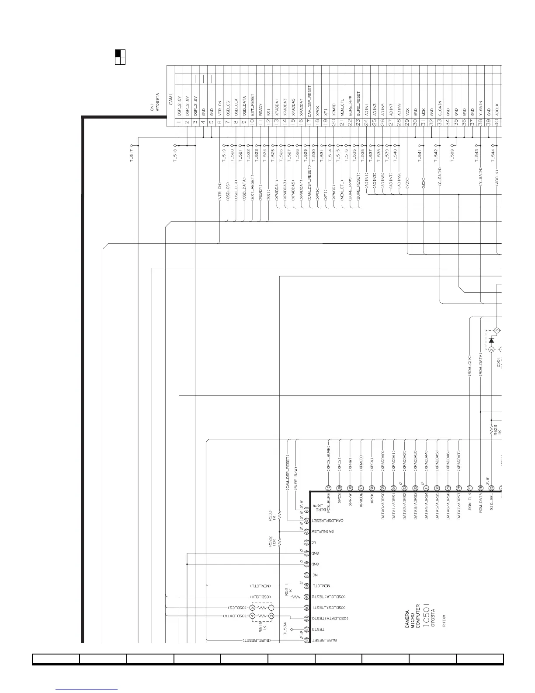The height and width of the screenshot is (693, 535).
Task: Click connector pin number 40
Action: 497,122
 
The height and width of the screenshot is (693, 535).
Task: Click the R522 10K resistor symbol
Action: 280,542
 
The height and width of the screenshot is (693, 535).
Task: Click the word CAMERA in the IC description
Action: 407,620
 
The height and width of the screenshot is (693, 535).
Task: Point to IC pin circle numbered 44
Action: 307,542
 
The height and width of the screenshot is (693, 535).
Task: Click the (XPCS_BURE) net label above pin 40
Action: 328,458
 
